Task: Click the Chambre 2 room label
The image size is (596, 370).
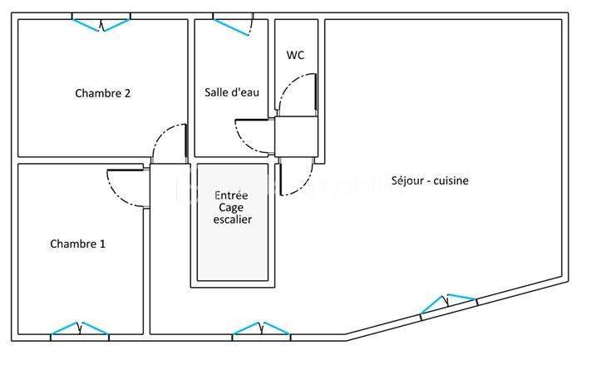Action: [x=102, y=93]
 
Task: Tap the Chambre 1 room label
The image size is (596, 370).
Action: [x=77, y=244]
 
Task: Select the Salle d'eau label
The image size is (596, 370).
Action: [x=232, y=92]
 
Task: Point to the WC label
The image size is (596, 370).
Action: [x=295, y=55]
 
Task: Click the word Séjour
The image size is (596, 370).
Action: [x=409, y=180]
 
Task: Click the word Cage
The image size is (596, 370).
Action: [x=232, y=207]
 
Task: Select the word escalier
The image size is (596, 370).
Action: [x=232, y=220]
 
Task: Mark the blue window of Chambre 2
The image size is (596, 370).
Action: [x=101, y=23]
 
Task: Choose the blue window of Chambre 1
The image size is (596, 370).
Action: [x=80, y=330]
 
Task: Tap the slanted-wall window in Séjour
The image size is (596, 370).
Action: [x=448, y=303]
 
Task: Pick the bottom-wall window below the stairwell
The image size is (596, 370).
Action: [x=261, y=329]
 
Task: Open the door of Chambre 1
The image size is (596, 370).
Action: [x=129, y=188]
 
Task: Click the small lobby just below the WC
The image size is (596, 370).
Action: [x=296, y=136]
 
